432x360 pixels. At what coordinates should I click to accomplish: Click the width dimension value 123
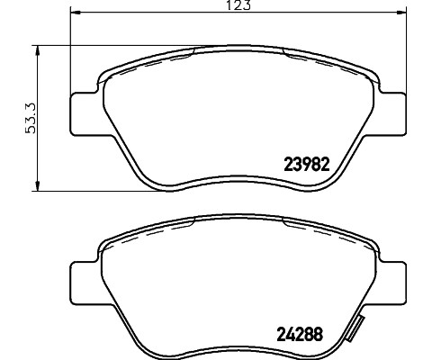click(x=237, y=5)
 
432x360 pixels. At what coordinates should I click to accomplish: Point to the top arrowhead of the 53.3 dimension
click(x=36, y=49)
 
